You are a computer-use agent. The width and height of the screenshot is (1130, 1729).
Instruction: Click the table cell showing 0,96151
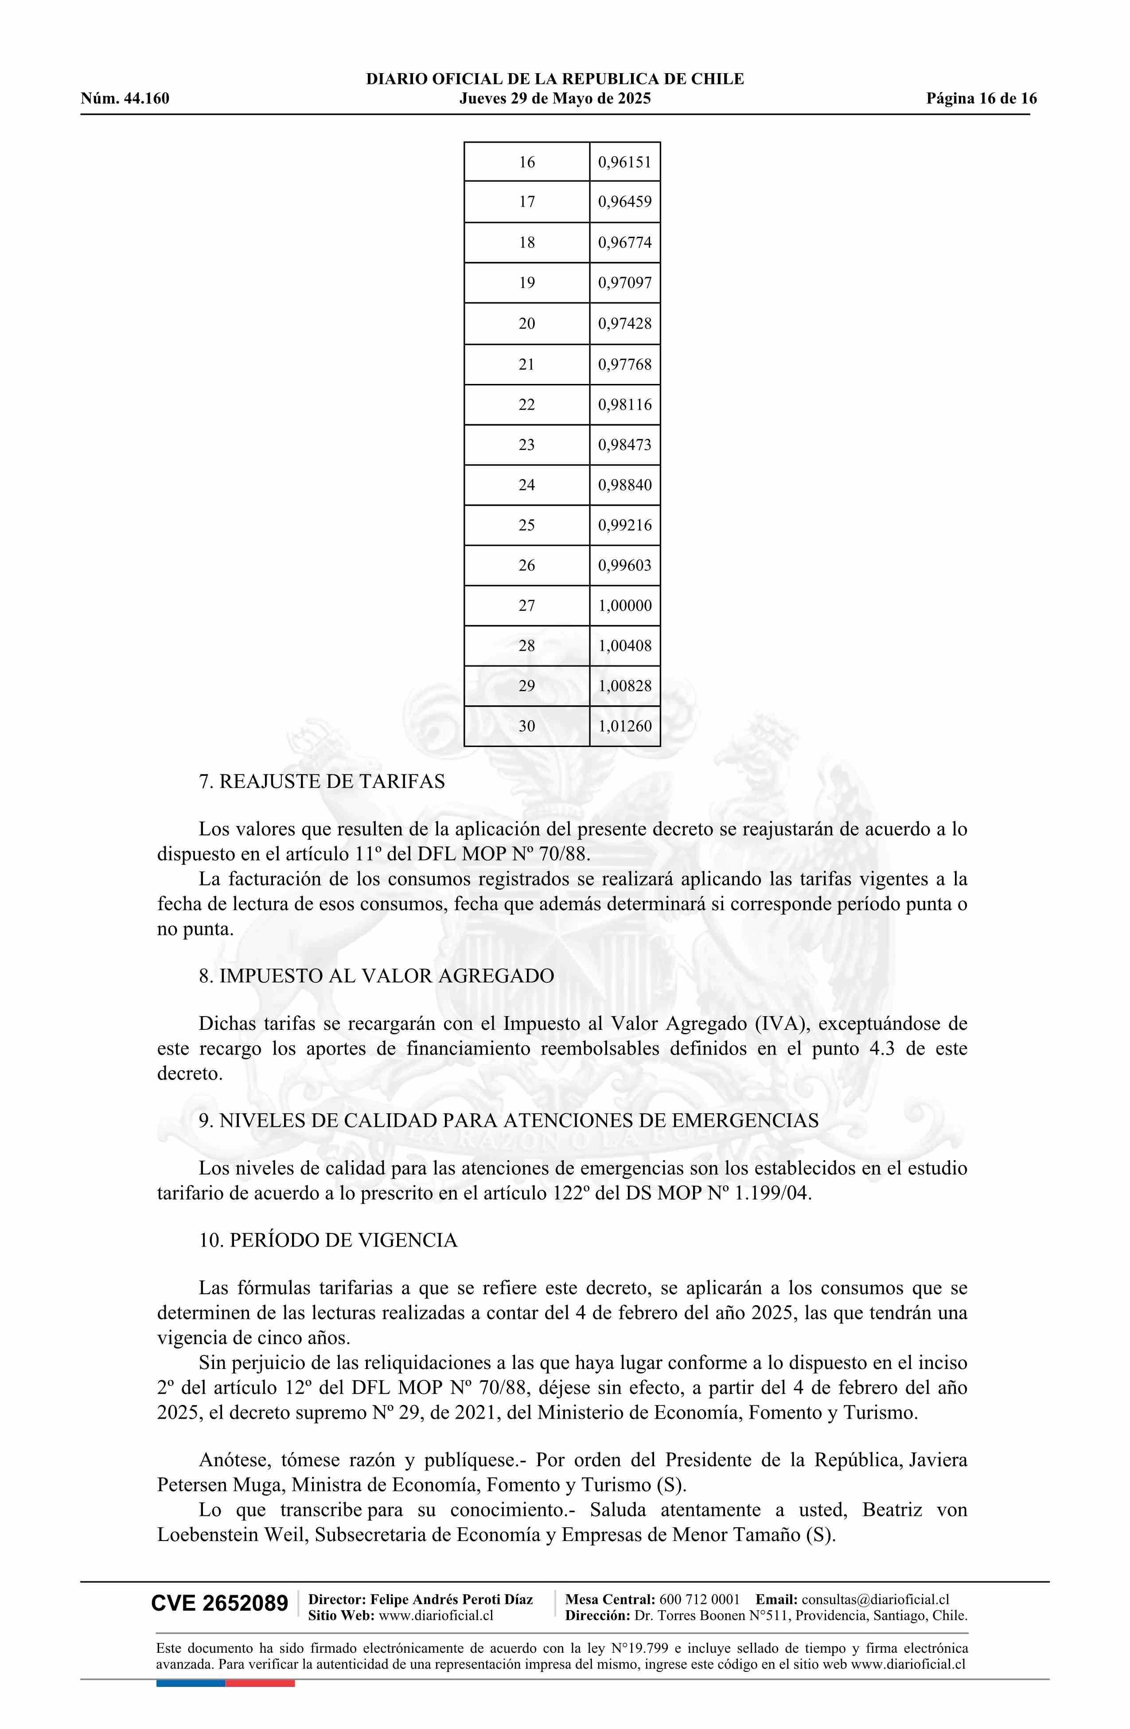coord(624,162)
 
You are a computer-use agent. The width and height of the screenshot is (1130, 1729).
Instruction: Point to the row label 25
coord(526,525)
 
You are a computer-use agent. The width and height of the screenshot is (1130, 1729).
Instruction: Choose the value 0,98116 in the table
coord(624,405)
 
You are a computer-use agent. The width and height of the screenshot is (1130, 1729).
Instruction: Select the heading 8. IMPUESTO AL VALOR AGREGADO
coord(376,976)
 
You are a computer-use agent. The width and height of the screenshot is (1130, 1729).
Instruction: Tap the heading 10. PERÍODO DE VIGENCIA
coord(328,1240)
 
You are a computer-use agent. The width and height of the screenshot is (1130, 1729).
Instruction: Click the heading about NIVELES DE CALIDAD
coord(508,1120)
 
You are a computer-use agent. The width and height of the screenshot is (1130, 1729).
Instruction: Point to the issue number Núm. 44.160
coord(125,99)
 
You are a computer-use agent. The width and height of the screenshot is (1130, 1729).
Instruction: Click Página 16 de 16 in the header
coord(981,99)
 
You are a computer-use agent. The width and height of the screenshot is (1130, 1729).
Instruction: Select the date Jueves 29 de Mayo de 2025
coord(555,99)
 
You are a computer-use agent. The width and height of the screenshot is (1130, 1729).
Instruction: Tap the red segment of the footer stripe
coord(260,1663)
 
